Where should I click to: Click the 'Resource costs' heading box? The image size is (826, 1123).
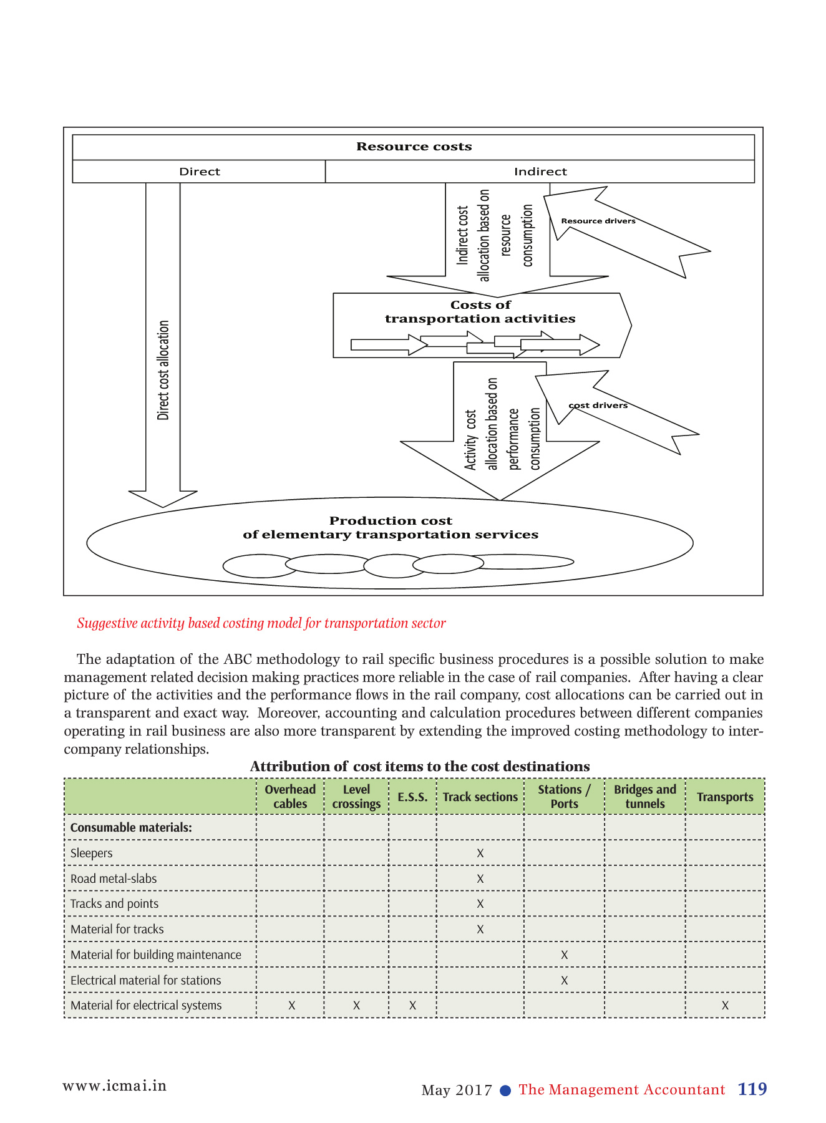pyautogui.click(x=414, y=147)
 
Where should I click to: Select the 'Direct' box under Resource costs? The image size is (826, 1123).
pyautogui.click(x=199, y=172)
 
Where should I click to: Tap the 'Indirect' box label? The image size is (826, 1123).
pyautogui.click(x=540, y=172)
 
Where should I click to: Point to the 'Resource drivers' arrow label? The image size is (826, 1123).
pyautogui.click(x=598, y=221)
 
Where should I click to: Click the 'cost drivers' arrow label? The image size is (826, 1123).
pyautogui.click(x=598, y=406)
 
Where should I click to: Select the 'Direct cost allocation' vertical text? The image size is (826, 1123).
pyautogui.click(x=163, y=370)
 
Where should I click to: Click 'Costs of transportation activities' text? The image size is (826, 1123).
pyautogui.click(x=480, y=312)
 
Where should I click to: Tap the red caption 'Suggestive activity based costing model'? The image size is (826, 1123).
pyautogui.click(x=261, y=623)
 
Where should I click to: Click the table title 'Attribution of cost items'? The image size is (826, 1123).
pyautogui.click(x=419, y=766)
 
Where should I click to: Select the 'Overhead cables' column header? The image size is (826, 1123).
pyautogui.click(x=290, y=797)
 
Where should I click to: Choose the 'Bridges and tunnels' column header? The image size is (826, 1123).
pyautogui.click(x=644, y=797)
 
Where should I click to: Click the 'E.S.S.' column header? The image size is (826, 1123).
pyautogui.click(x=412, y=797)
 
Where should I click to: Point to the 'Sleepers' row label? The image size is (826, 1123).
pyautogui.click(x=91, y=853)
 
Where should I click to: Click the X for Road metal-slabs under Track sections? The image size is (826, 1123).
pyautogui.click(x=480, y=878)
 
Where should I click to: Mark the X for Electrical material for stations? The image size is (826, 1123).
pyautogui.click(x=564, y=980)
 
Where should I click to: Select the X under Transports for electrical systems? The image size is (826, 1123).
pyautogui.click(x=725, y=1005)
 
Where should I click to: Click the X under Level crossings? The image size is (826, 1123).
pyautogui.click(x=356, y=1005)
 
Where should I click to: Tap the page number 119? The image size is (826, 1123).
pyautogui.click(x=752, y=1089)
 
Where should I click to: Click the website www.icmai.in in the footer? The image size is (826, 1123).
pyautogui.click(x=114, y=1086)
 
